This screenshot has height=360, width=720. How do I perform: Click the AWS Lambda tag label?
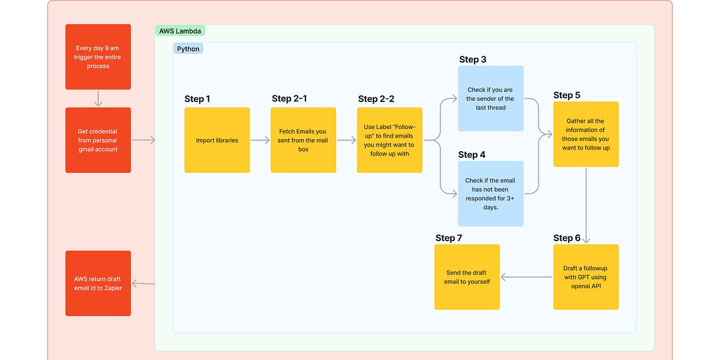click(x=180, y=31)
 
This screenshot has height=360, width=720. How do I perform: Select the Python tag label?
click(x=188, y=49)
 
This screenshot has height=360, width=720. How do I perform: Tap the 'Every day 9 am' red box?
click(x=98, y=56)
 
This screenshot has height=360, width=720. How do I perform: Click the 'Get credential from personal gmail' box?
click(x=98, y=140)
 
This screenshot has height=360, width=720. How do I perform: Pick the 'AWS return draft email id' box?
click(x=98, y=283)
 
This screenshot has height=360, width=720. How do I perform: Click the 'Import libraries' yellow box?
click(x=217, y=140)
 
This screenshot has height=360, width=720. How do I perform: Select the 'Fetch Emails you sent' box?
click(x=303, y=140)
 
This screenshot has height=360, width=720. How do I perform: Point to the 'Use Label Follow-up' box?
click(x=389, y=140)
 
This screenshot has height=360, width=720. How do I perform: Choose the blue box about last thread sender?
click(x=490, y=98)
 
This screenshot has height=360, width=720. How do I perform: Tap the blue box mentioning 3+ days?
click(x=490, y=193)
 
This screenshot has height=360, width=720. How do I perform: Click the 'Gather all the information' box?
click(x=586, y=134)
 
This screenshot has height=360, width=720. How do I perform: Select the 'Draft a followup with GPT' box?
click(x=586, y=277)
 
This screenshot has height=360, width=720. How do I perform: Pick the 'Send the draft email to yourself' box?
click(x=467, y=277)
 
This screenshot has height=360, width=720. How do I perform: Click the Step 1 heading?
click(x=197, y=99)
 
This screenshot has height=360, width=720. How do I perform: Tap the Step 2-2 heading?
click(x=376, y=99)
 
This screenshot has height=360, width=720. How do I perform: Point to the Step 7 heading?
click(x=449, y=238)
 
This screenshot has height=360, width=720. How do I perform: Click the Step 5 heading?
click(x=567, y=95)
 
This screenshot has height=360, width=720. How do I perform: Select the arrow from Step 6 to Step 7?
click(x=527, y=277)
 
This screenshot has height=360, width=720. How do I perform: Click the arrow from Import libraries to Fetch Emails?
click(x=260, y=140)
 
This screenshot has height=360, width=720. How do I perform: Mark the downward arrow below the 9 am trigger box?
click(x=98, y=98)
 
